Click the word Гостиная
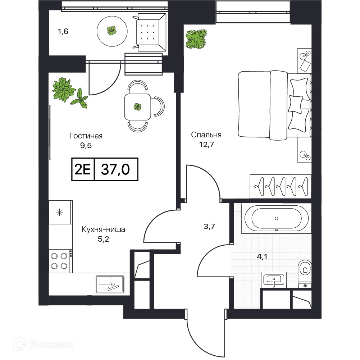click(86, 136)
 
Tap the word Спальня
click(206, 135)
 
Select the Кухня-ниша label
click(103, 229)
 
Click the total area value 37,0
click(115, 169)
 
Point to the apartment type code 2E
click(83, 169)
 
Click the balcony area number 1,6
click(63, 31)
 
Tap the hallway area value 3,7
click(209, 227)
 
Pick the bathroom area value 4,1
click(262, 256)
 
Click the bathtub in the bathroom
click(277, 218)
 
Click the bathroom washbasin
click(274, 280)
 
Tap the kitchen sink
click(110, 284)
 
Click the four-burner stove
click(60, 261)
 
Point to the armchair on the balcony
click(150, 32)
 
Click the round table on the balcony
click(112, 31)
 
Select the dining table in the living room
click(137, 107)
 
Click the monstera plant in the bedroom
click(196, 39)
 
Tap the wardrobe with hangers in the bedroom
click(281, 186)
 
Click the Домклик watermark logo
click(44, 345)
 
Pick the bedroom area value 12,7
click(206, 145)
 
